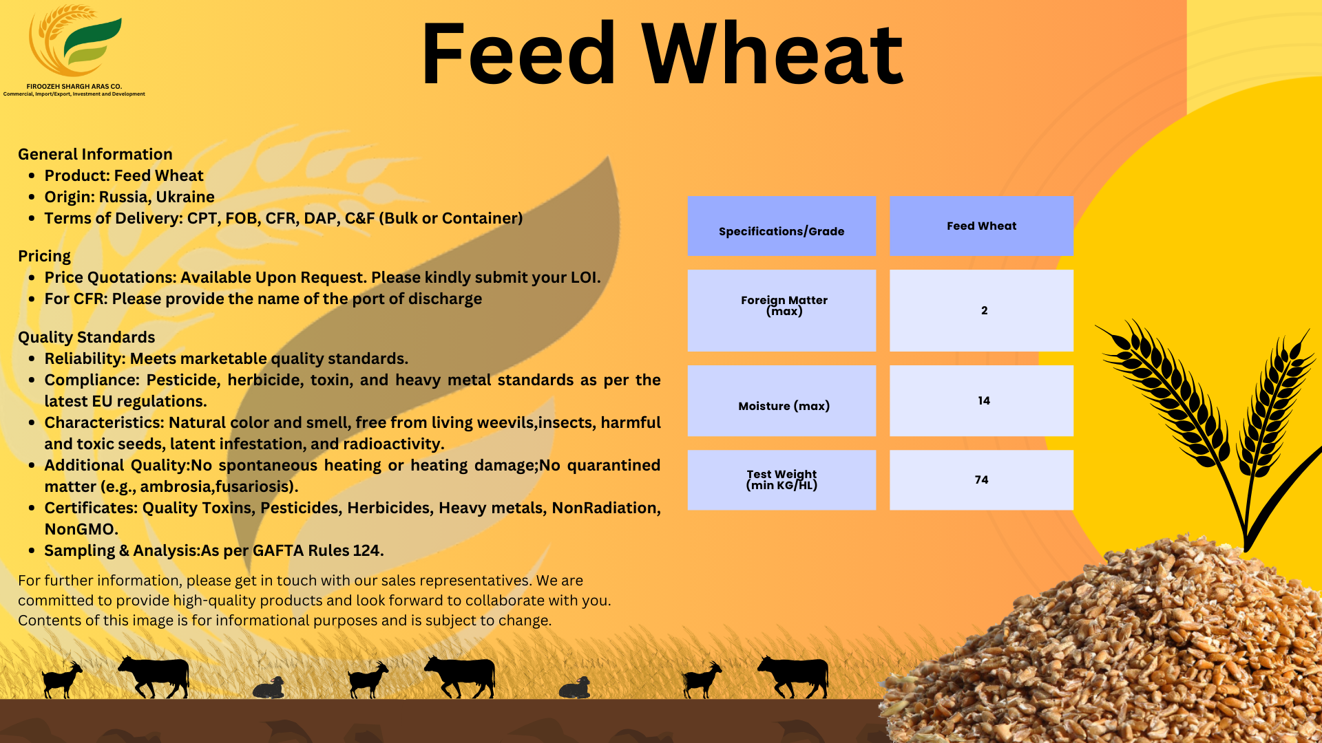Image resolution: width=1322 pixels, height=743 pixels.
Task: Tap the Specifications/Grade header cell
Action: (781, 226)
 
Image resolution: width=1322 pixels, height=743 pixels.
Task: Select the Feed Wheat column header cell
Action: (981, 226)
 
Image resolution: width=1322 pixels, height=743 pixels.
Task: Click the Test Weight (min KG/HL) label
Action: (781, 480)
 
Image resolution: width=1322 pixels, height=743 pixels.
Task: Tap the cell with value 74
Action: (981, 480)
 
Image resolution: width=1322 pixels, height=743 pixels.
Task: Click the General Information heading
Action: (95, 154)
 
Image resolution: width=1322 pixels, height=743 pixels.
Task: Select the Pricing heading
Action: (44, 256)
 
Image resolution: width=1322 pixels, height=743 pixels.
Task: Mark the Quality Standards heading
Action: (87, 337)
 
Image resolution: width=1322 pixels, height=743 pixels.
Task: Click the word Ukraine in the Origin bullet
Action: (185, 197)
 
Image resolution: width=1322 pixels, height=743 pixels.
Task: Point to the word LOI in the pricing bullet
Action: (584, 277)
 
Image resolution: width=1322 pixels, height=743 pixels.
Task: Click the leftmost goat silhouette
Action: (61, 680)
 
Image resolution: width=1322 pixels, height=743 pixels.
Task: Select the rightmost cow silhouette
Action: (794, 675)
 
